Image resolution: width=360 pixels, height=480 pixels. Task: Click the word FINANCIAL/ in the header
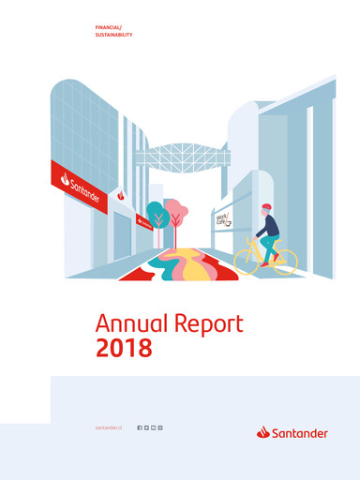(x=109, y=29)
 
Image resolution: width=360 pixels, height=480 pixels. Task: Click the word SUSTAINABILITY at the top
(x=114, y=36)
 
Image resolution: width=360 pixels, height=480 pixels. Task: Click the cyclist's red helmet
(x=267, y=207)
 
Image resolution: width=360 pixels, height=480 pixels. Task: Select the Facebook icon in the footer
(x=140, y=427)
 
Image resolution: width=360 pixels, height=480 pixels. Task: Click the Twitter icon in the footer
(x=146, y=427)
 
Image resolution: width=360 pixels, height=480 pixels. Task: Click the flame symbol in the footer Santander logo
(x=263, y=432)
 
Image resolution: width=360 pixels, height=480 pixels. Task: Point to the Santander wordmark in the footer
(x=300, y=433)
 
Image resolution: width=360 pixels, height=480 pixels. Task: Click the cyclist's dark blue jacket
(x=268, y=226)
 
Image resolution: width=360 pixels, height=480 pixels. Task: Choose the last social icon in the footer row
(x=160, y=427)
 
